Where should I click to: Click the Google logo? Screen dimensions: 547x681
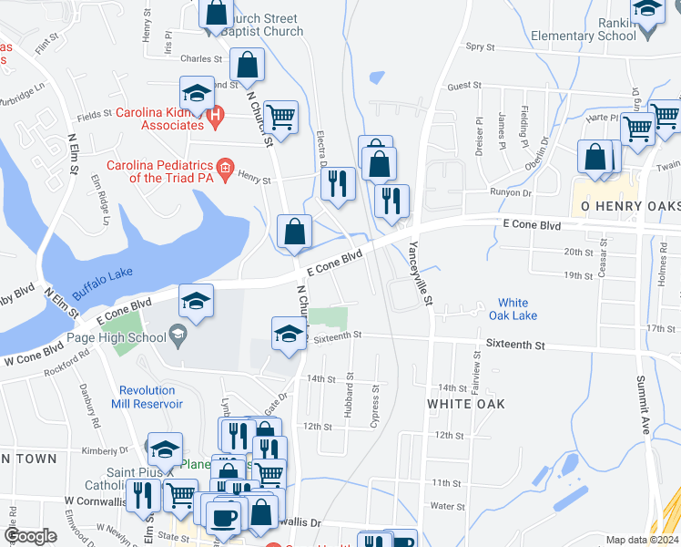point(31,537)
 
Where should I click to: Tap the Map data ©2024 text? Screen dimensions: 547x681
point(642,540)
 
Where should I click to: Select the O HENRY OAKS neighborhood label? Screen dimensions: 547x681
point(626,206)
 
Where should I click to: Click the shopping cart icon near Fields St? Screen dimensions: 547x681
point(280,116)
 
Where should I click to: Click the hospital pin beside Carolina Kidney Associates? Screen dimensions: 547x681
point(215,115)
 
